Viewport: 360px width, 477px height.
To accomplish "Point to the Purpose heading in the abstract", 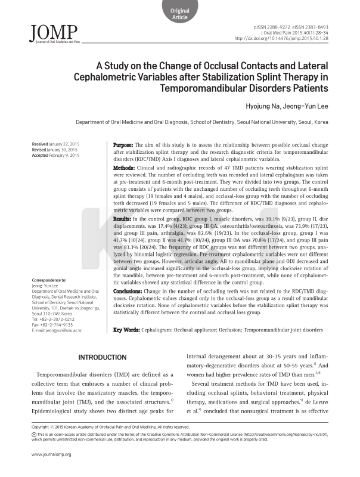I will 124,145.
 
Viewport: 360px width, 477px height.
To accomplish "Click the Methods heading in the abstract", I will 125,168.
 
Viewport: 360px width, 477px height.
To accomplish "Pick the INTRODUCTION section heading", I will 103,357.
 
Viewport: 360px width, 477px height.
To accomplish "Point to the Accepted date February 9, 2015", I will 55,156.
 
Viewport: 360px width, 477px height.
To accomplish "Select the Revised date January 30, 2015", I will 55,150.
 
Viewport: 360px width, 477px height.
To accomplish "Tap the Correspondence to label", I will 49,280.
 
